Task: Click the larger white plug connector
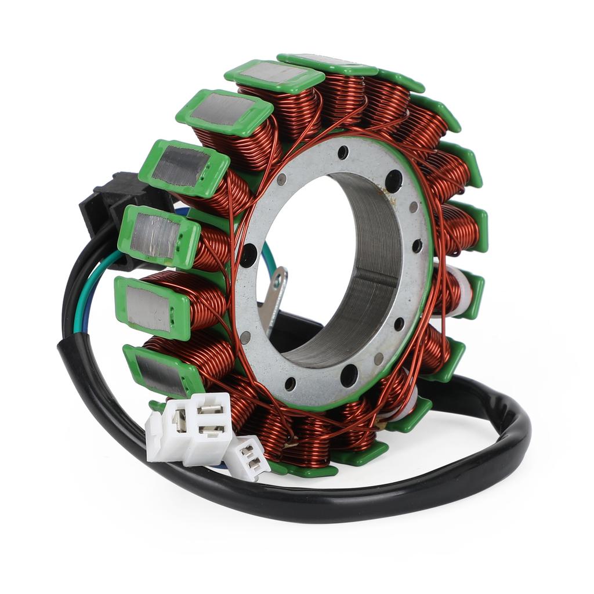pos(191,428)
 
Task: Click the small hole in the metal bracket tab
pos(278,281)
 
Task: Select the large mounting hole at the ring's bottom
pos(349,375)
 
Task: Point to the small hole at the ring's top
pos(343,153)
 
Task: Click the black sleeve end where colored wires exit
pos(70,342)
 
